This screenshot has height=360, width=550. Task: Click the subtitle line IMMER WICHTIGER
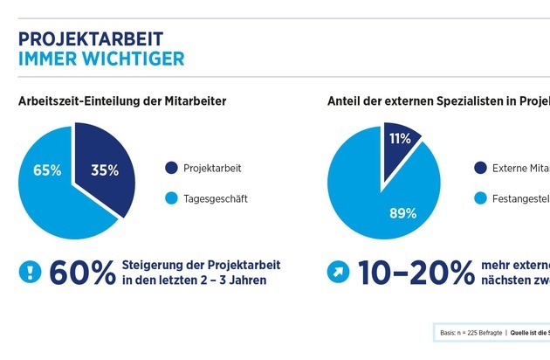tap(100, 59)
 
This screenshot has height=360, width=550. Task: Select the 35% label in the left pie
tap(105, 170)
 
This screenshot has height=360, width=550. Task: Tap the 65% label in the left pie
tap(47, 170)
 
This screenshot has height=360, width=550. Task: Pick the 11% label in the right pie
tap(400, 138)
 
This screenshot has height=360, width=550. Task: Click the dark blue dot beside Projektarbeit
tap(170, 168)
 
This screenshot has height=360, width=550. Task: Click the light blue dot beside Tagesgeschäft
tap(170, 198)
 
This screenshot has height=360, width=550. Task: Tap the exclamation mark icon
tap(30, 272)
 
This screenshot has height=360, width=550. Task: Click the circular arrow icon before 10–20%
tap(339, 272)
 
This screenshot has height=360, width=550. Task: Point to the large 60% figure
tap(83, 273)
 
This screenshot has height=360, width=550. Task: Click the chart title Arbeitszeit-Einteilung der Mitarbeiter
tap(122, 101)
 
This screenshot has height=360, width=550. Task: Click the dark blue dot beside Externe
tap(479, 168)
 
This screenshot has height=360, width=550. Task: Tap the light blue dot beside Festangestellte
tap(479, 198)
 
